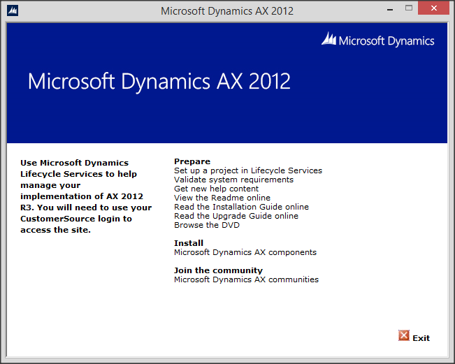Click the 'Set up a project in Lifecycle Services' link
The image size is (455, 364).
coord(247,170)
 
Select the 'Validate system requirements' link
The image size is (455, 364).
coord(233,180)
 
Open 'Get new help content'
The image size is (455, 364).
coord(216,189)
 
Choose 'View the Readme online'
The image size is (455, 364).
coord(222,198)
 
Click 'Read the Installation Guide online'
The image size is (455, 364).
coord(241,207)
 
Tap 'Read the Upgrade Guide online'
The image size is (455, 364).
coord(236,216)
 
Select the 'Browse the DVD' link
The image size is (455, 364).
coord(206,225)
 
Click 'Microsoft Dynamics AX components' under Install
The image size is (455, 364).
coord(245,252)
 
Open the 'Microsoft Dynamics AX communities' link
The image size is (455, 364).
coord(246,279)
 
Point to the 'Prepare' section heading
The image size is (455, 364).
coord(192,161)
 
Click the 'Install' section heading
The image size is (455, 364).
coord(189,243)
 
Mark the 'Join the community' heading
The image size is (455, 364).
coord(218,270)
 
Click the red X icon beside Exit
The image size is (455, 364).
coord(403,336)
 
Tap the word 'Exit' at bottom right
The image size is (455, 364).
coord(421,338)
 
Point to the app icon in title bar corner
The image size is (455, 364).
coord(12,10)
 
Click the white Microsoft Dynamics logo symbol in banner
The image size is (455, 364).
coord(328,40)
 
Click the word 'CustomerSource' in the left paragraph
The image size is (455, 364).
coord(52,219)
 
